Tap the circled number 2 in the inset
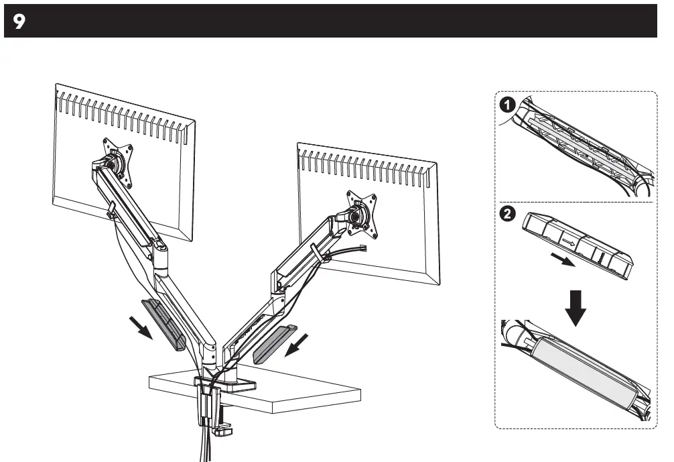coord(509,215)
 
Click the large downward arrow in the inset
coord(574,306)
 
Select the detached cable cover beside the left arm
coord(164,324)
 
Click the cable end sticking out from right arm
coord(364,249)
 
